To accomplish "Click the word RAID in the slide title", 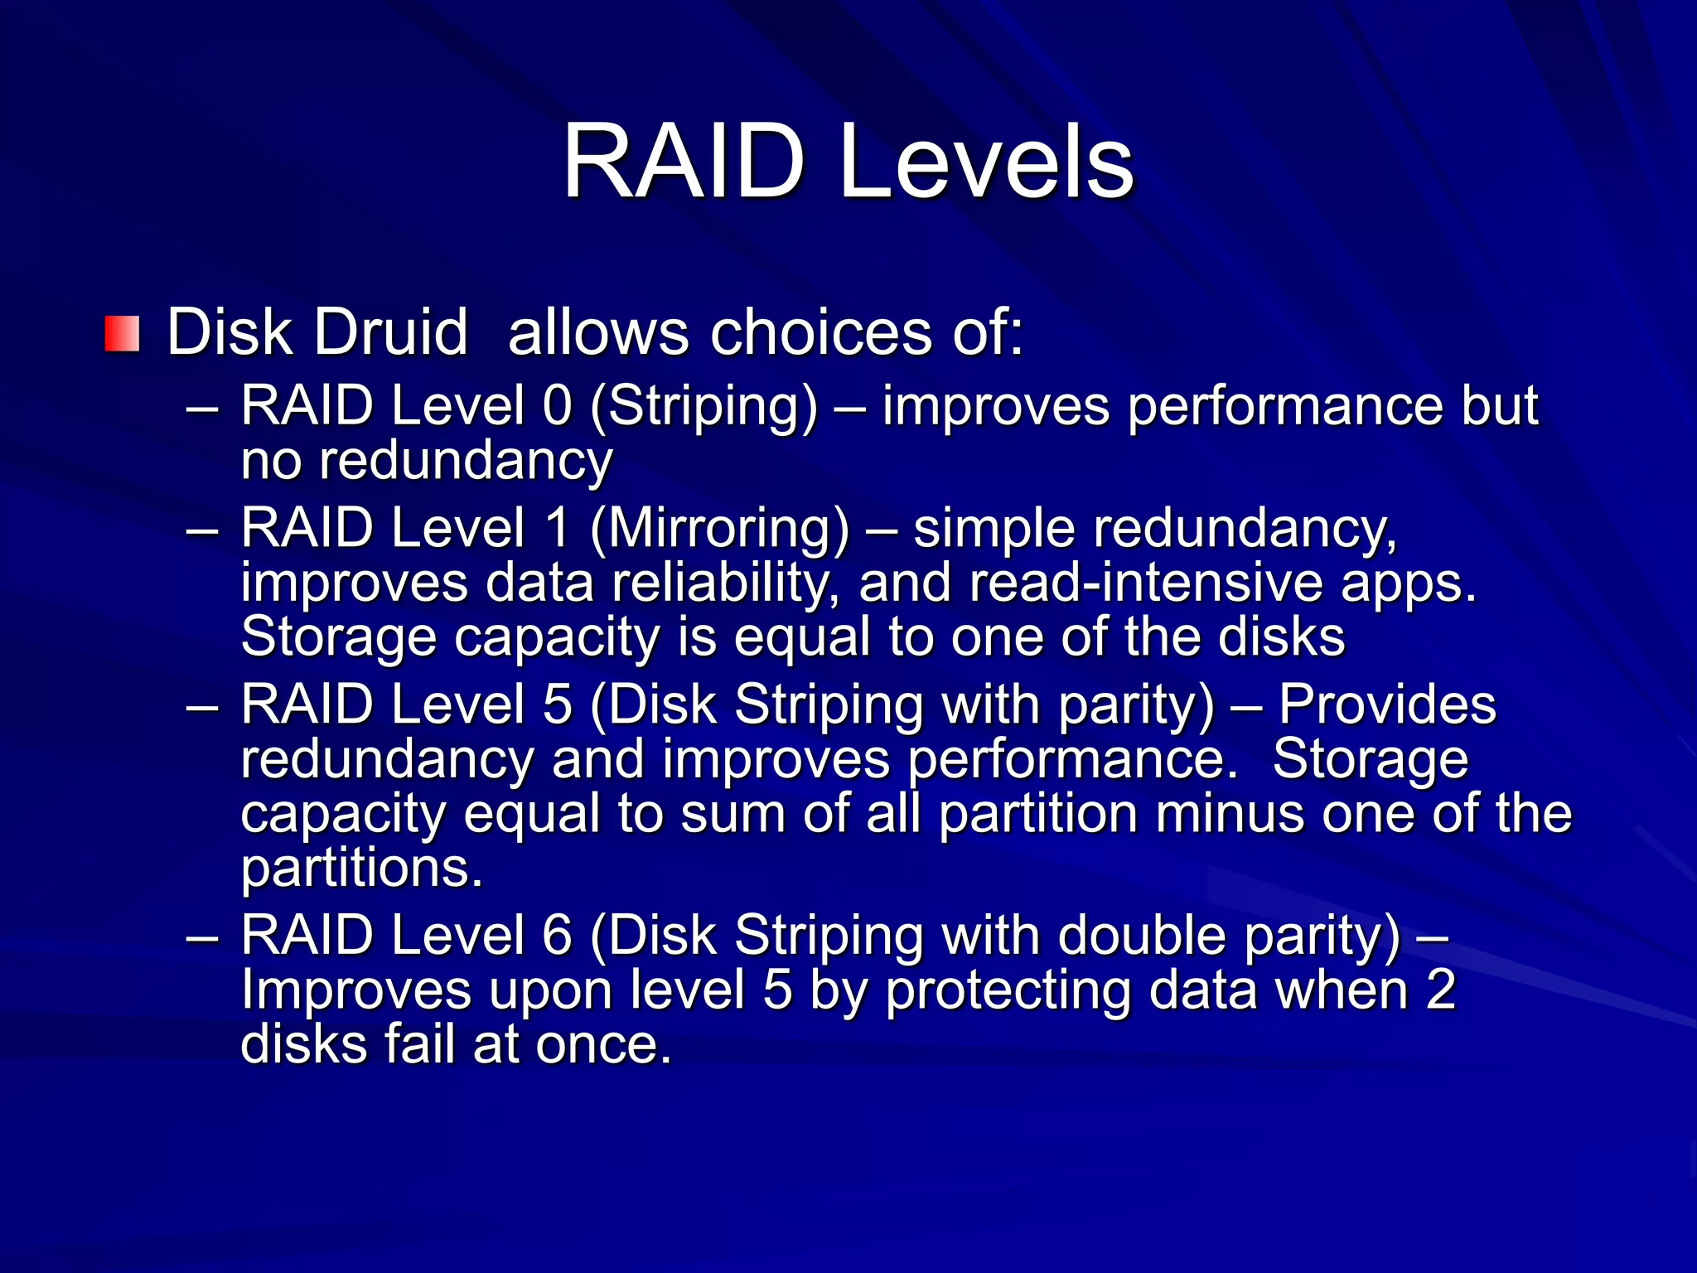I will [x=684, y=162].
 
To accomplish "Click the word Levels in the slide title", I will [x=986, y=162].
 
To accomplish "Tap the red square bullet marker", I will [x=122, y=333].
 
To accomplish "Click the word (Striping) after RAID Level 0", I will [x=703, y=408].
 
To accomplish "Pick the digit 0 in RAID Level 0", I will [x=558, y=406].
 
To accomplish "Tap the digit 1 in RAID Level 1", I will [x=558, y=528].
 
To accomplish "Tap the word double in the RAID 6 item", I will [x=1142, y=936].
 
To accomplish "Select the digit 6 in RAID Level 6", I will [x=558, y=936].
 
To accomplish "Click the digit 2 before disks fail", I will [x=1440, y=990].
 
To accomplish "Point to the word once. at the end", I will [x=603, y=1044].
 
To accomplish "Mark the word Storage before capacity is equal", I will [x=338, y=638].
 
